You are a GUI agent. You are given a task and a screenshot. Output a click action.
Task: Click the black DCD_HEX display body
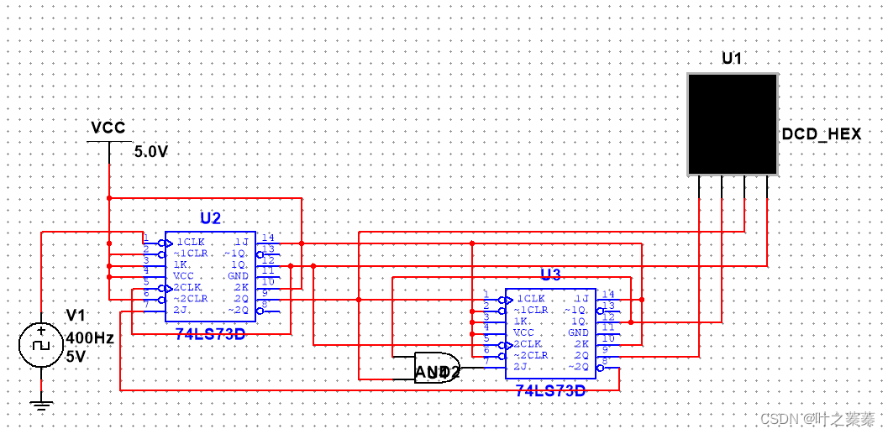click(x=733, y=123)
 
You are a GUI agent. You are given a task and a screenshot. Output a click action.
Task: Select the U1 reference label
click(x=733, y=58)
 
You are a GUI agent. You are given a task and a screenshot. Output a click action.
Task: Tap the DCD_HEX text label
click(x=821, y=134)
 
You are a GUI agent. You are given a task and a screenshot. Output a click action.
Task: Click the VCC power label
click(x=108, y=128)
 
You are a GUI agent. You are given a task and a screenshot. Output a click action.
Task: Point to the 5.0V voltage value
click(x=151, y=153)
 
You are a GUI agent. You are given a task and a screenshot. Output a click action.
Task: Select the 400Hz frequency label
click(x=90, y=338)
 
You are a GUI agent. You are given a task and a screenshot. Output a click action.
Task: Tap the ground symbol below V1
click(x=40, y=405)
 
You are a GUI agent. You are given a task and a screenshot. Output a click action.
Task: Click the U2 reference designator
click(x=210, y=219)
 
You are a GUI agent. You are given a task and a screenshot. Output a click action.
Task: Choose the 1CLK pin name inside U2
click(x=191, y=242)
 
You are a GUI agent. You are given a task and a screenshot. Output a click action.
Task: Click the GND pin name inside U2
click(x=239, y=275)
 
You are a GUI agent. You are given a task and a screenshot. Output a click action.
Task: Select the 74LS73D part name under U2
click(x=210, y=333)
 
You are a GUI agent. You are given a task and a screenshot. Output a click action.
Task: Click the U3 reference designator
click(x=550, y=275)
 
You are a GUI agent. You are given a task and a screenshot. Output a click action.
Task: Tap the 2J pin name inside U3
click(x=521, y=366)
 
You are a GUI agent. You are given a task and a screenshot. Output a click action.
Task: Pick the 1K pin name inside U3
click(x=521, y=321)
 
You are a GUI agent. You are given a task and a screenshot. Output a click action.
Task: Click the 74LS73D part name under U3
click(x=550, y=390)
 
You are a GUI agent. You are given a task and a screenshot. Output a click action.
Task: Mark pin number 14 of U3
click(x=608, y=295)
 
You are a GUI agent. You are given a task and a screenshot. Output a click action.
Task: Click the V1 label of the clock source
click(x=76, y=315)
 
